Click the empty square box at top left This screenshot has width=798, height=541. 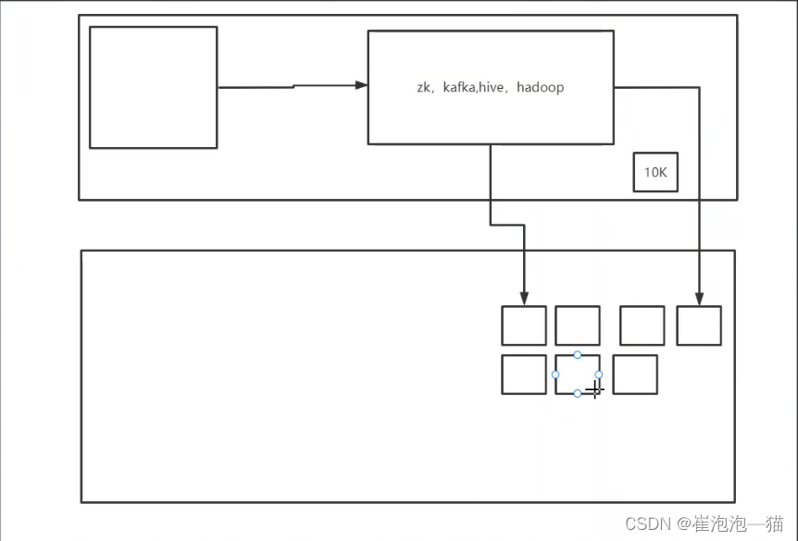tap(153, 87)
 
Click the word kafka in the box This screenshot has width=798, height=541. tap(460, 88)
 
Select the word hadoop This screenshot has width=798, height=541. tap(540, 88)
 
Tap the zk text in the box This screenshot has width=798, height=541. tap(425, 88)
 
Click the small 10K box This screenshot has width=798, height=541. tap(655, 172)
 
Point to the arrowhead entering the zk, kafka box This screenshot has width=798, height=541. tap(362, 85)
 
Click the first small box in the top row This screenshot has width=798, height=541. tap(524, 326)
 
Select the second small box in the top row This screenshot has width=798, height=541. tap(578, 326)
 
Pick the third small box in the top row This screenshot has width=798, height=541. tap(642, 326)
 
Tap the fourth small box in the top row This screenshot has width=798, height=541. tap(699, 326)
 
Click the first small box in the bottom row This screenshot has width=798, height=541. tap(524, 375)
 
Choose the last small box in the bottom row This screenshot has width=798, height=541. tap(635, 375)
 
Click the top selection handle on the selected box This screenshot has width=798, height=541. tap(578, 355)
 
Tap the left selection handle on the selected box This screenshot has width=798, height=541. tap(555, 375)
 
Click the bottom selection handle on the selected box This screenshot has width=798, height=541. tap(578, 394)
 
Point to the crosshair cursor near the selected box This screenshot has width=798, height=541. tap(594, 389)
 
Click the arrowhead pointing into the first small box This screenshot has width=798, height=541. tap(525, 300)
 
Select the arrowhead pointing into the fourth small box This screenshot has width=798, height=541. tap(699, 300)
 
